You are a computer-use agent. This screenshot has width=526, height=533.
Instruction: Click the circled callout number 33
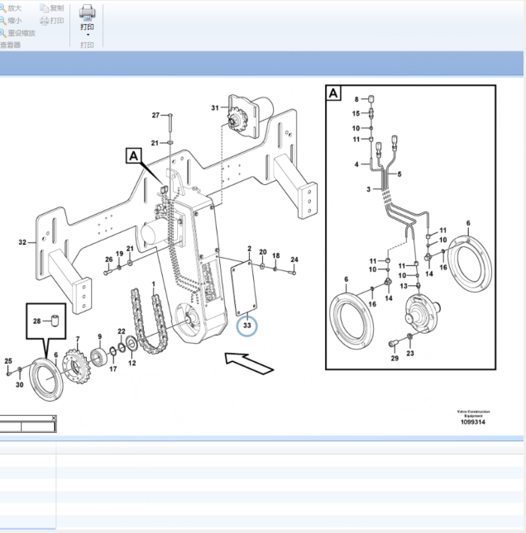tap(247, 326)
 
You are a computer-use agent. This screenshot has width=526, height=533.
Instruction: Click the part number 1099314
tap(473, 422)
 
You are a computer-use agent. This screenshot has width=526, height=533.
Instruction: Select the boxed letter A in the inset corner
tap(333, 93)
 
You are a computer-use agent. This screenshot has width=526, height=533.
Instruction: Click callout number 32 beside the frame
tap(22, 243)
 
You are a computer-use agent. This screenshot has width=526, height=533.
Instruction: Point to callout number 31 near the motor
tap(215, 108)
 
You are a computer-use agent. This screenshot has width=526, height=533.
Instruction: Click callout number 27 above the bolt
tap(155, 115)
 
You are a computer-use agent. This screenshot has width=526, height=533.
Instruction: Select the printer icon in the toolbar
tap(88, 12)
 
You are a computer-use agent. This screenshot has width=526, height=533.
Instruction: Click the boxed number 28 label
tap(36, 321)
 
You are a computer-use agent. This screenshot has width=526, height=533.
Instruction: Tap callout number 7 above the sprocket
tap(78, 340)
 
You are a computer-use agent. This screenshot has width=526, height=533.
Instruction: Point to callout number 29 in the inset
tap(394, 358)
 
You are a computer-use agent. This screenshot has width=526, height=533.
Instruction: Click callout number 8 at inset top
tap(356, 99)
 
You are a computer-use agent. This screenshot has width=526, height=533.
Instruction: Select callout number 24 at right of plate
tap(294, 259)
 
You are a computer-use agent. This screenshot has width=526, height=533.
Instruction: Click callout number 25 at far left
tap(8, 361)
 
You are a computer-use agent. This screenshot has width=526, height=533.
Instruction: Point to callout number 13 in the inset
tap(404, 286)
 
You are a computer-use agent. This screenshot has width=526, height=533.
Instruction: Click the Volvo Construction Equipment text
tap(473, 413)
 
